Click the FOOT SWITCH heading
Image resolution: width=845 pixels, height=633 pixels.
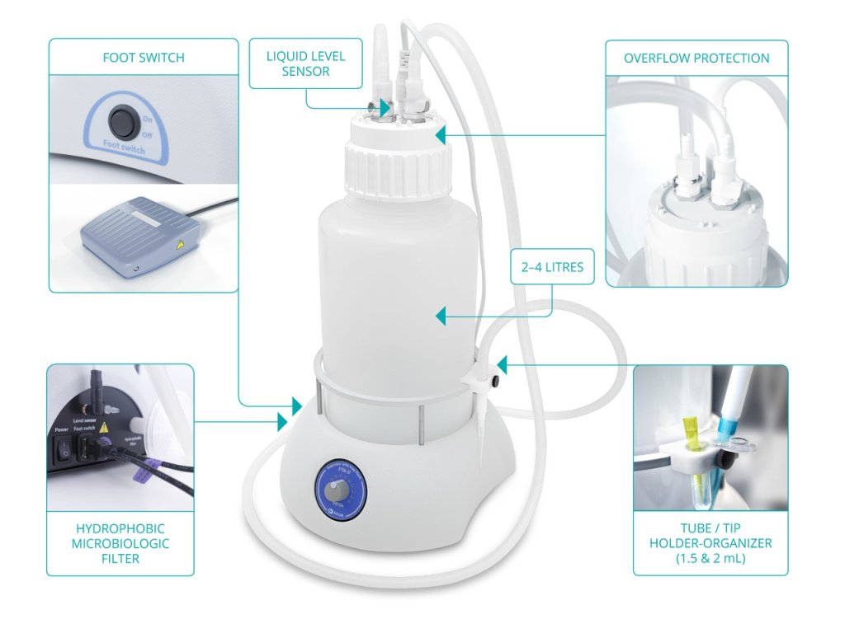point(144,58)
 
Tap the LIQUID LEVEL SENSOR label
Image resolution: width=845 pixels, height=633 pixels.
point(305,64)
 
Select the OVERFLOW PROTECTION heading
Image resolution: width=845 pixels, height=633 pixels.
point(696,59)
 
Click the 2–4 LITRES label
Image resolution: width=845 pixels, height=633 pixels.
point(552,267)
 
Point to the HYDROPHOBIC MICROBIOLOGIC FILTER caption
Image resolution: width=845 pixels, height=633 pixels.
point(120,543)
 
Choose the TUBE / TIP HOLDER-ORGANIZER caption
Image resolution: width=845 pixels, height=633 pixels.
point(710,543)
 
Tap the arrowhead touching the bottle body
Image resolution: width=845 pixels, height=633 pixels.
point(441,316)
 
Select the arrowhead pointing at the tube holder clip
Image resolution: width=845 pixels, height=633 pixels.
point(503,364)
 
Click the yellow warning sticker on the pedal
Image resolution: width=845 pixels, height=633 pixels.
point(178,245)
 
